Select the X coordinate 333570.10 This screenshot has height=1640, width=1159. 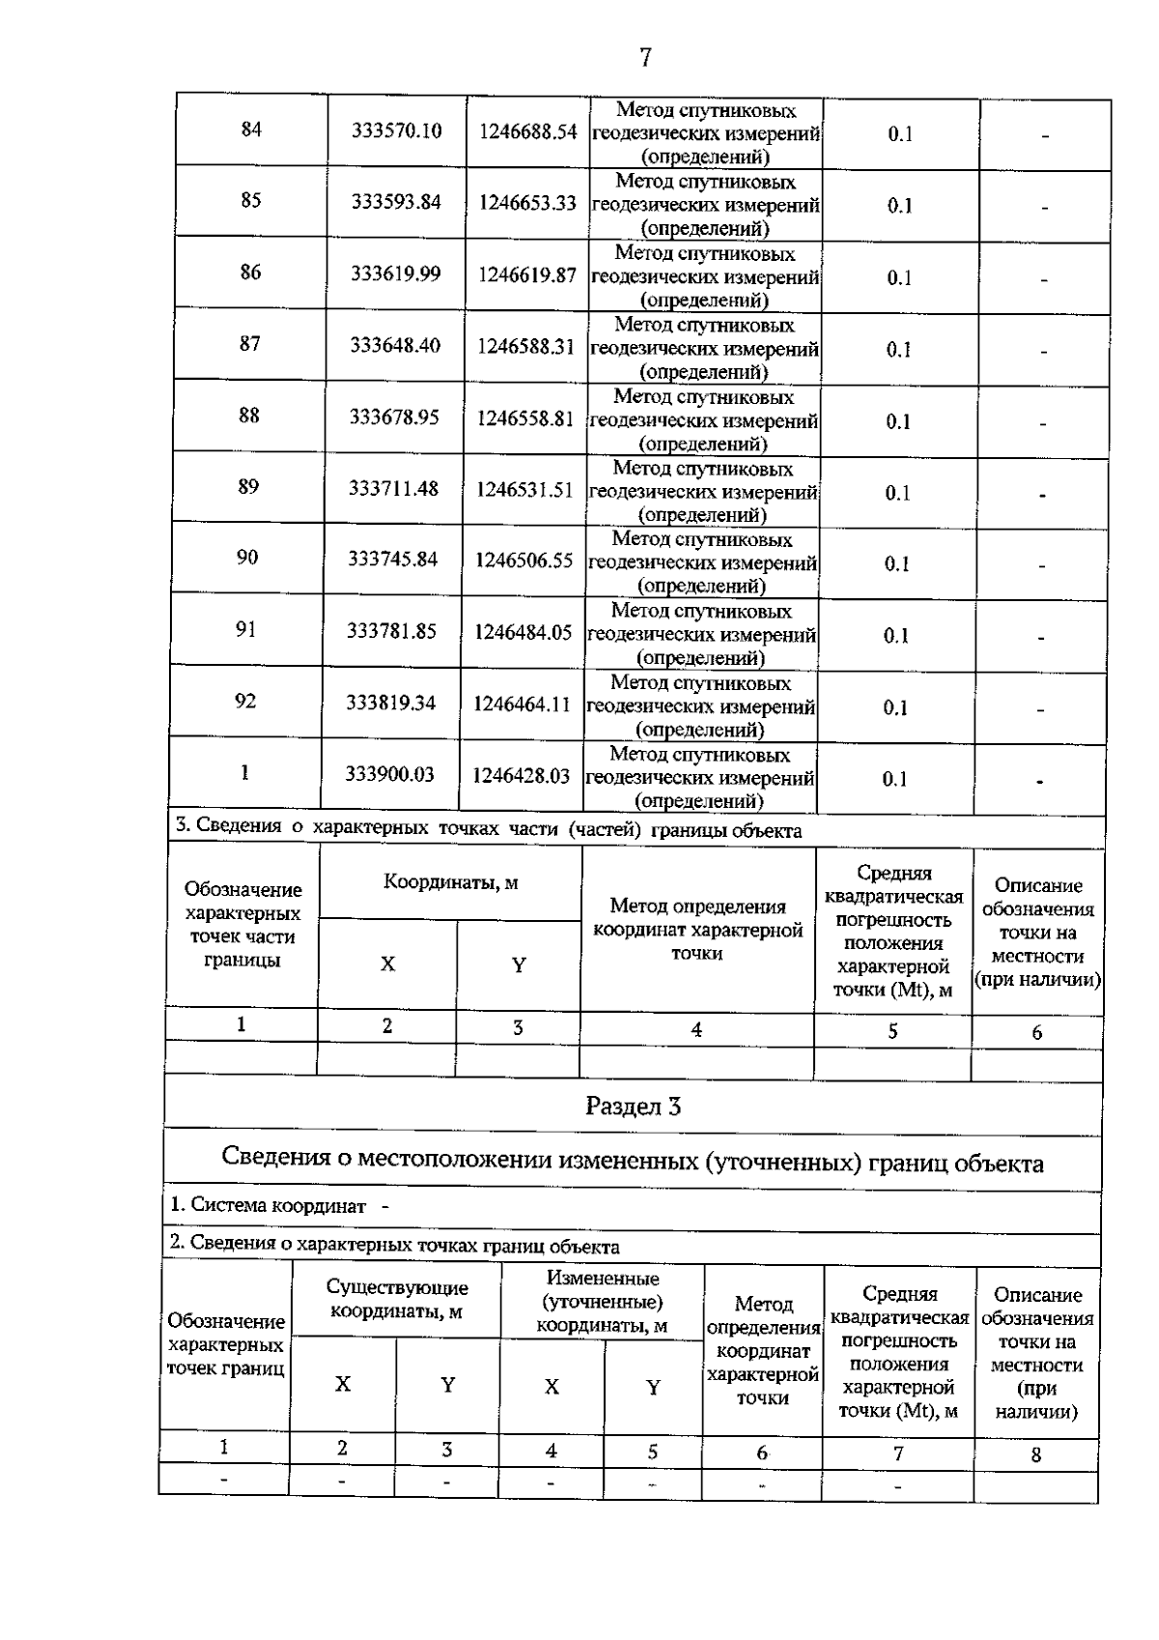coord(397,130)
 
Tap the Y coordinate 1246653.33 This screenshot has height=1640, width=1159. coord(527,203)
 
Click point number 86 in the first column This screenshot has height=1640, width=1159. coord(250,273)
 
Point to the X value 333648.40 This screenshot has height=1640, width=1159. coord(395,345)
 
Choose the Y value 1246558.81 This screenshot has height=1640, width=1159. coord(525,418)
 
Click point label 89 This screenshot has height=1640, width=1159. coord(248,487)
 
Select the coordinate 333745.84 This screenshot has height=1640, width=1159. coord(393,560)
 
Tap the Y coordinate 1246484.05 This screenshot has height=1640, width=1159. coord(523,632)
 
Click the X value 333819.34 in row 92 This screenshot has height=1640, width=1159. coord(391,703)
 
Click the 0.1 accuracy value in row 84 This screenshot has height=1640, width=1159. coord(900,134)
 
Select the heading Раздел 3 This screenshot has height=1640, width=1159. coord(633,1107)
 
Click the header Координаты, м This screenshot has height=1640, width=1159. coord(451,882)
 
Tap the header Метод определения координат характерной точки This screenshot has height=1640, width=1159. coord(697,930)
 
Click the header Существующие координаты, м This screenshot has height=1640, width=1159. coord(397,1299)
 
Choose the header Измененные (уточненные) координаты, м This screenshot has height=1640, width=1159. coord(603,1303)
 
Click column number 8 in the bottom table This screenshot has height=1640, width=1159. coord(1035,1454)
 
